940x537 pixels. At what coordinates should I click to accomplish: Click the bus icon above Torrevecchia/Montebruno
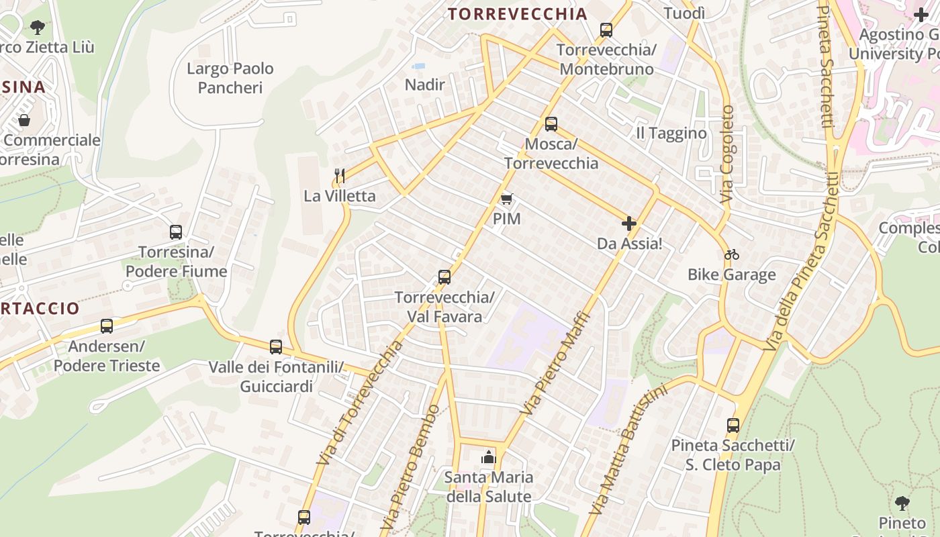(606, 30)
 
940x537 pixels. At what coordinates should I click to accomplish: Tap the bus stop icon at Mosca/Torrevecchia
(551, 124)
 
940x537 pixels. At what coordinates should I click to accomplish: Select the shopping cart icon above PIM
(507, 199)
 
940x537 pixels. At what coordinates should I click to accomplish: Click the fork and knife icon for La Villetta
(340, 176)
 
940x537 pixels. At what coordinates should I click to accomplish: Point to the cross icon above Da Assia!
(629, 224)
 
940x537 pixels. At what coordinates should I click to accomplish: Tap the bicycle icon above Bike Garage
(732, 254)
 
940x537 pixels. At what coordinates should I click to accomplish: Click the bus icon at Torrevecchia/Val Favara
(444, 277)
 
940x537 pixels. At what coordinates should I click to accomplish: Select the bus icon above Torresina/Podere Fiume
(176, 232)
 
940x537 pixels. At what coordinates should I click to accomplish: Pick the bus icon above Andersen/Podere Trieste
(107, 326)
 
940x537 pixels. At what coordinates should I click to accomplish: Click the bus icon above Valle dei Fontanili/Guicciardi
(276, 347)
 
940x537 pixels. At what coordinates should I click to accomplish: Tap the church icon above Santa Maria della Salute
(488, 458)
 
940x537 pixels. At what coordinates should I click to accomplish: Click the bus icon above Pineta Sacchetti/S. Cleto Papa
(733, 426)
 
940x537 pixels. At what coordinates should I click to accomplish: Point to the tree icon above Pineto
(902, 503)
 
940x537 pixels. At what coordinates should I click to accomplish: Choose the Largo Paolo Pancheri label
(230, 78)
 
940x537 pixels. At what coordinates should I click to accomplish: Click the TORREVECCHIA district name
(518, 14)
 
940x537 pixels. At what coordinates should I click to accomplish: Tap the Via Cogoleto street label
(727, 154)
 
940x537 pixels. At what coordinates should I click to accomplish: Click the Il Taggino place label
(671, 133)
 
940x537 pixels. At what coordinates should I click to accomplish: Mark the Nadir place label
(425, 85)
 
